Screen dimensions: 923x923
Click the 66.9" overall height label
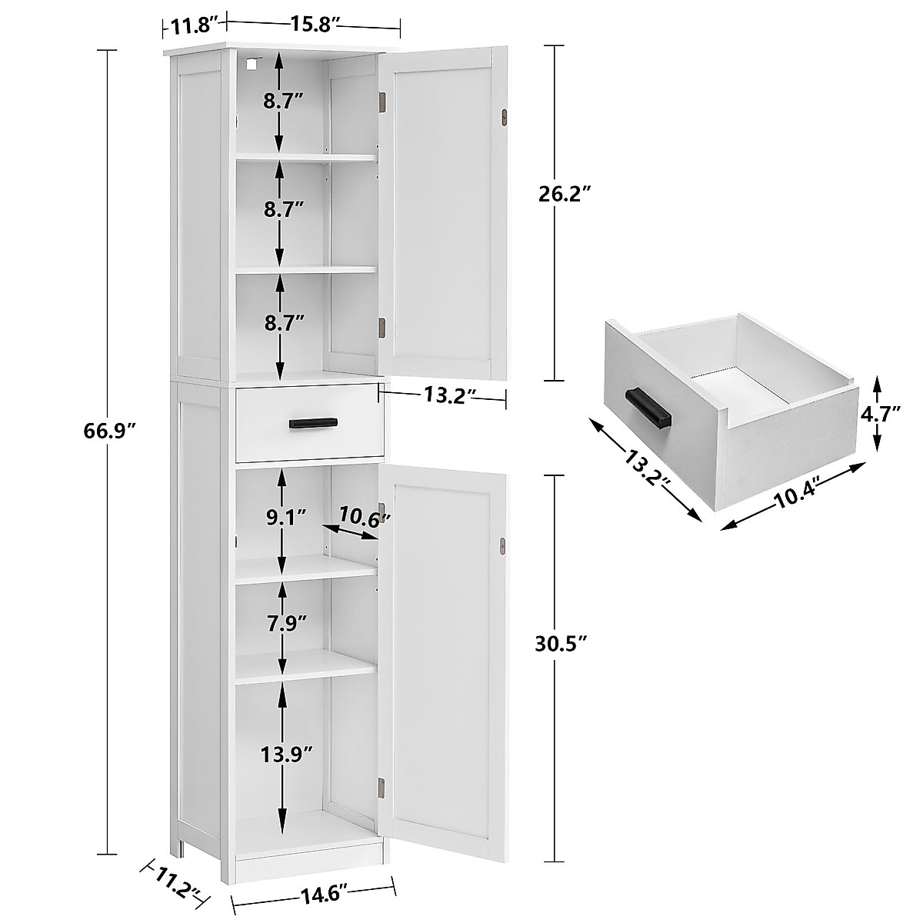(111, 430)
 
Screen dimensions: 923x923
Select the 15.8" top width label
(311, 25)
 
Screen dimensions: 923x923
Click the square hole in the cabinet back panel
(249, 66)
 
